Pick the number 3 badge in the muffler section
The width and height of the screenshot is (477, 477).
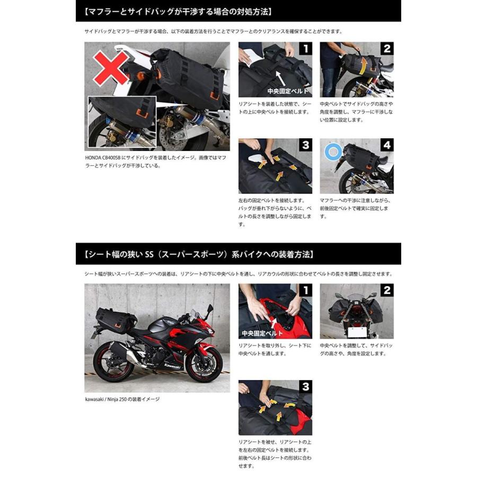click(x=305, y=146)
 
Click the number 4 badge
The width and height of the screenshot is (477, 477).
click(x=387, y=146)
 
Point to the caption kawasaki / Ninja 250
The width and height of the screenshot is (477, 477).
click(x=122, y=399)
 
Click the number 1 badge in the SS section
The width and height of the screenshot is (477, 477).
click(x=305, y=290)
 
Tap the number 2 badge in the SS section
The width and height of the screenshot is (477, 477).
click(x=387, y=290)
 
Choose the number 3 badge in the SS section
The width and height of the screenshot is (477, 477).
click(x=305, y=387)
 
